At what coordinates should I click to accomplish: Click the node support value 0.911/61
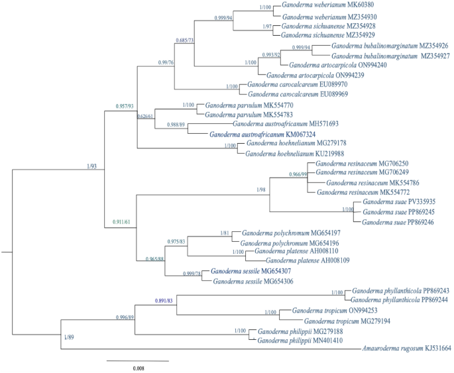click(123, 221)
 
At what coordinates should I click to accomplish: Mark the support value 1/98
click(263, 190)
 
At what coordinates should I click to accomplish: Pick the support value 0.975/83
click(180, 241)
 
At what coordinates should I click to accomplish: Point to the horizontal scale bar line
click(137, 360)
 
